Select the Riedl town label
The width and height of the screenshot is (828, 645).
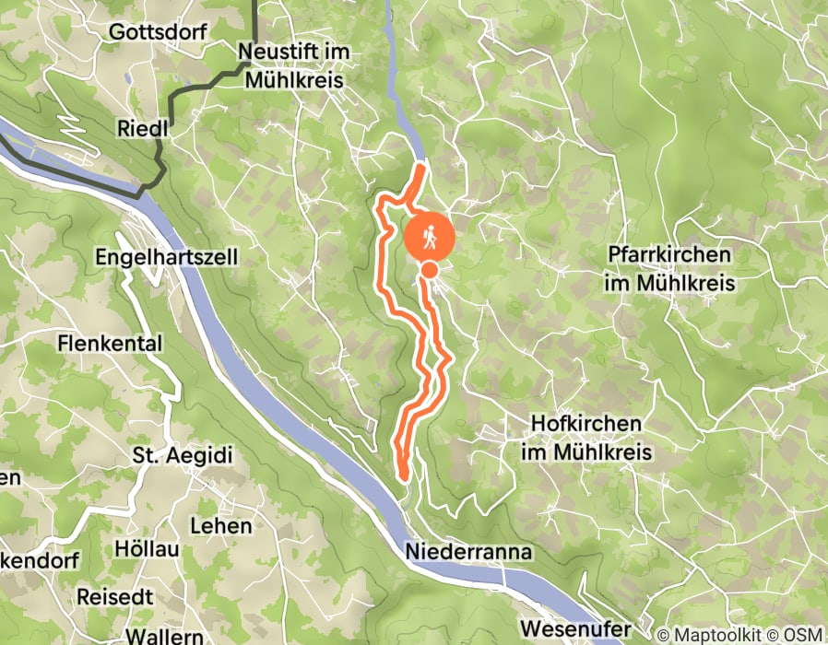[x=142, y=128]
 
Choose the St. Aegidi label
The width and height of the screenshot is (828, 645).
[x=182, y=455]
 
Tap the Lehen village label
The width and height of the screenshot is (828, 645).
[x=220, y=526]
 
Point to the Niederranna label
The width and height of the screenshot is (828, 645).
[x=468, y=551]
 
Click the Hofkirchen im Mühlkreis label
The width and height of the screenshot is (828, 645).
[x=586, y=439]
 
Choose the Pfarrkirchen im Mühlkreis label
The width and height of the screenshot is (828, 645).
[x=669, y=268]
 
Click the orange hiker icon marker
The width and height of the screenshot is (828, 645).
[x=430, y=237]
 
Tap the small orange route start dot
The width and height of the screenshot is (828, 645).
[x=430, y=269]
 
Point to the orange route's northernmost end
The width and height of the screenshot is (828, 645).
[x=423, y=165]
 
